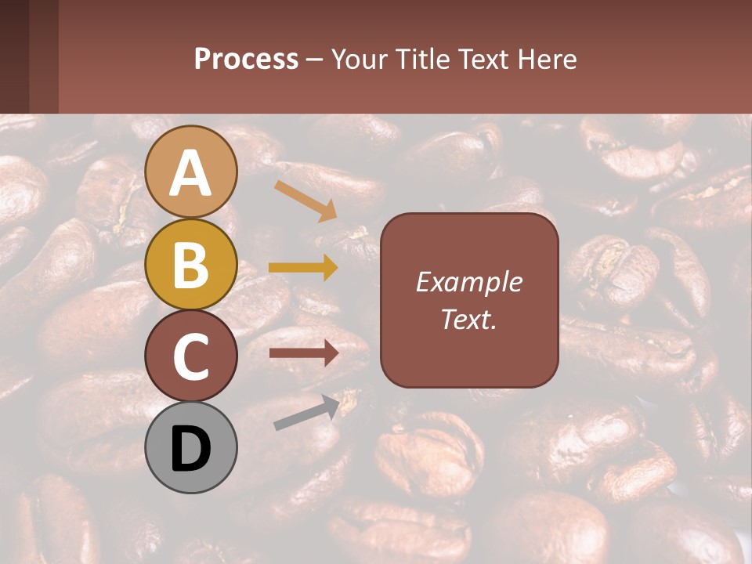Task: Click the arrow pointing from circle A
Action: tap(305, 201)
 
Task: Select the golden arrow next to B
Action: tap(303, 268)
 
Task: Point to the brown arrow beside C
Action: tap(303, 353)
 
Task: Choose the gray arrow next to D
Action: tap(305, 414)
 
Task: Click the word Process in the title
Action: tap(246, 59)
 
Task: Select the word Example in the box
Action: tap(469, 282)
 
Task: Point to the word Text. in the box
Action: tap(469, 319)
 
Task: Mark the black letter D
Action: tap(191, 450)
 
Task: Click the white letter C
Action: tap(191, 357)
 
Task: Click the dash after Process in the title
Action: tap(315, 60)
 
